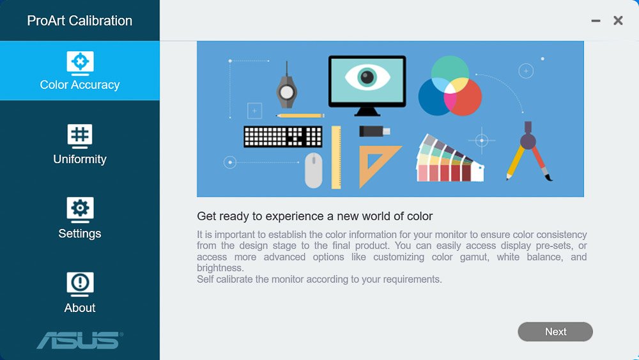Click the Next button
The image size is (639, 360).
coord(555,331)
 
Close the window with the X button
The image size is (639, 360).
coord(618,20)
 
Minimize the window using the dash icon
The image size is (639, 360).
coord(596,21)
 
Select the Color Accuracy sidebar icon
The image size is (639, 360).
coord(80,63)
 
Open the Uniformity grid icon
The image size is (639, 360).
coord(80,136)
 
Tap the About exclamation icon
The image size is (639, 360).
coord(80,284)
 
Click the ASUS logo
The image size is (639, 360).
coord(80,340)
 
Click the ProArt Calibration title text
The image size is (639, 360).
coord(79,20)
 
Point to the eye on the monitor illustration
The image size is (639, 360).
coord(367,77)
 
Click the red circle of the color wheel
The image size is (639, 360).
coord(463,97)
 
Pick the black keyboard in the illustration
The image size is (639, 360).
coord(283,136)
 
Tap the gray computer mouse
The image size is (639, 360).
coord(313,170)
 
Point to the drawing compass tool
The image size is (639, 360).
coord(528,151)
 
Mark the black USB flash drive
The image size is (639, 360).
coord(374,131)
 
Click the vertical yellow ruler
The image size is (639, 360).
coord(336,157)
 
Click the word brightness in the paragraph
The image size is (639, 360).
coord(220,268)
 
